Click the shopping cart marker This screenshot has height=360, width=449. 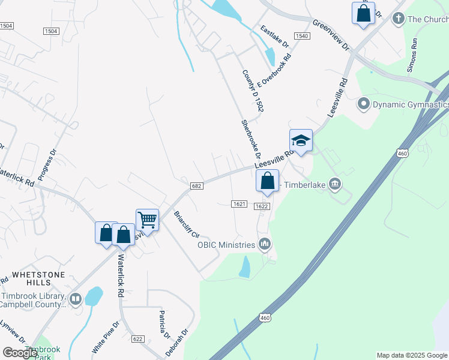[x=147, y=220]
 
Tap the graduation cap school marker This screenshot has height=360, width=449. [x=301, y=141]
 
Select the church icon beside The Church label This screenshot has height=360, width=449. [x=397, y=19]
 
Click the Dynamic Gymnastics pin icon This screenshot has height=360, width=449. [x=363, y=104]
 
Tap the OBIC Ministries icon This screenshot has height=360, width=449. [x=265, y=244]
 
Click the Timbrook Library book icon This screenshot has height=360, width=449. [x=76, y=299]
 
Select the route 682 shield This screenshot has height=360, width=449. [x=196, y=186]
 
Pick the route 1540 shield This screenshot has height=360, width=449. [x=301, y=37]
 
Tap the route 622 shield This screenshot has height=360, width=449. [x=137, y=339]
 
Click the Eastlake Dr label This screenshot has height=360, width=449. [x=275, y=37]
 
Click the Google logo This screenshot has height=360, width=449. [x=20, y=353]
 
